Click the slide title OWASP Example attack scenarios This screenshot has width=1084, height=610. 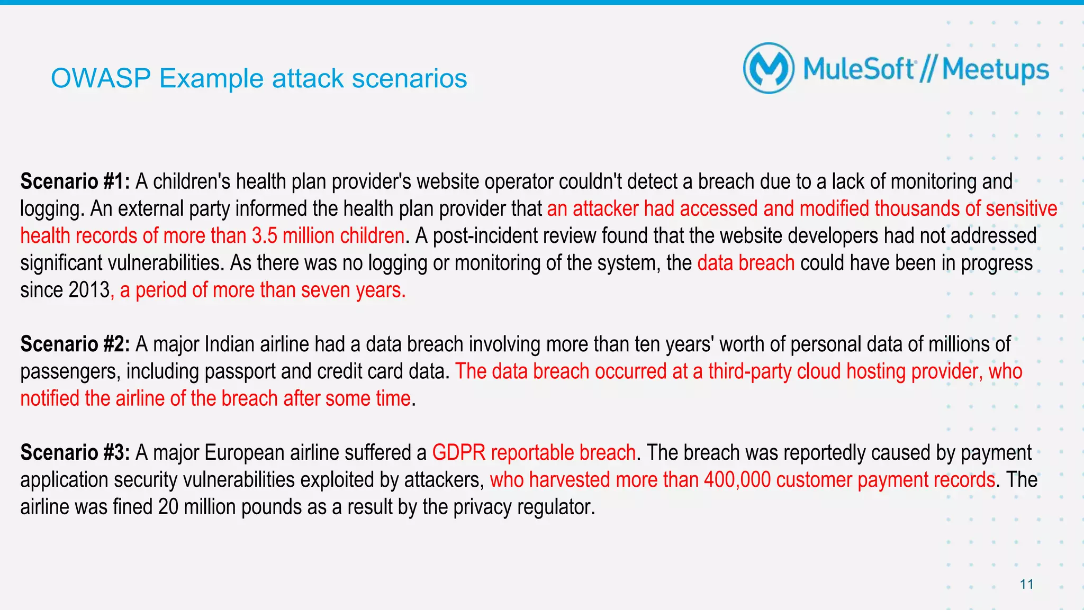tap(259, 79)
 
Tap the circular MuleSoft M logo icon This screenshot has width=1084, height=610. tap(769, 69)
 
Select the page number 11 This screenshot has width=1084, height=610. tap(1026, 584)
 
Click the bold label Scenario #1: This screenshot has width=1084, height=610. tap(75, 181)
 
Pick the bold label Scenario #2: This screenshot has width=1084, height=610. tap(75, 344)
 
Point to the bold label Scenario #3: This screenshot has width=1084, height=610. tap(75, 453)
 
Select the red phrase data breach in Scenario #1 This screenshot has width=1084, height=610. tap(746, 263)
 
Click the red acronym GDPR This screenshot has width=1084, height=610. tap(458, 453)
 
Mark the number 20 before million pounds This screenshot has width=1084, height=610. tap(168, 507)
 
